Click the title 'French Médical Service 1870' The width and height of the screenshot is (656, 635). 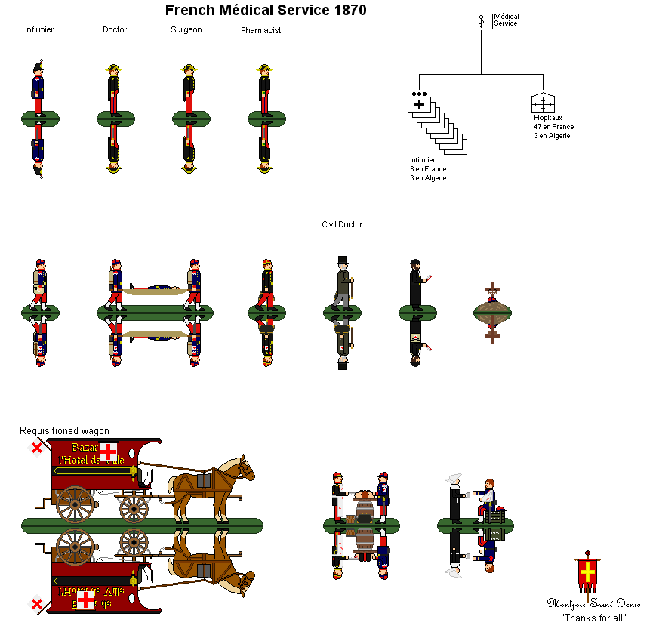[266, 11]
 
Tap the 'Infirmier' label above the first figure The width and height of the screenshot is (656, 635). [39, 30]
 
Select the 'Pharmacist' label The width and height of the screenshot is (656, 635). [261, 31]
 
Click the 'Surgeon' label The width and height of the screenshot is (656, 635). [186, 30]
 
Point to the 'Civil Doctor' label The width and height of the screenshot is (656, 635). [342, 224]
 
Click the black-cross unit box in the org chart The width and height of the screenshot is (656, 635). [419, 104]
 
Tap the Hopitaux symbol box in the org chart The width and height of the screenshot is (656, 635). [543, 103]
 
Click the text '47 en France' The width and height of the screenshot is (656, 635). [553, 127]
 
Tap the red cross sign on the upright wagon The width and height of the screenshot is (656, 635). [109, 452]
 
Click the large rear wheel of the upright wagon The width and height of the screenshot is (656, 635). [75, 504]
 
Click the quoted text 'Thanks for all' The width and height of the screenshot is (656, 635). [593, 618]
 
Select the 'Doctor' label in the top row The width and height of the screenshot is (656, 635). [115, 30]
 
